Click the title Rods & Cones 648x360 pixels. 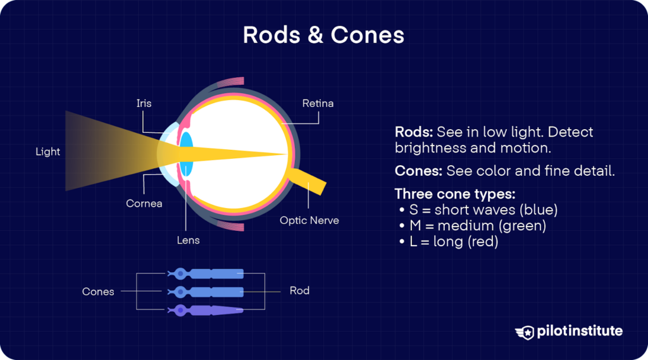click(323, 35)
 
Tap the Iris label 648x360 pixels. click(144, 103)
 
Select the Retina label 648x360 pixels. click(318, 103)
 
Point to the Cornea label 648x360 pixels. click(144, 204)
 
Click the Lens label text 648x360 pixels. click(188, 240)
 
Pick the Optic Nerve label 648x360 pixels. click(309, 221)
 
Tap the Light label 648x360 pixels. click(48, 152)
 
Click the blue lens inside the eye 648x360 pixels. click(186, 154)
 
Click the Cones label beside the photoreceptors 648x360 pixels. click(98, 292)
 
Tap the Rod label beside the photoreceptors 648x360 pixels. click(299, 290)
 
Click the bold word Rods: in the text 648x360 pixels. click(413, 132)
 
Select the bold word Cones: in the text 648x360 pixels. click(418, 171)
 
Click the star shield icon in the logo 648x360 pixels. click(525, 332)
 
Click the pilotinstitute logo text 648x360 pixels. click(579, 331)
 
